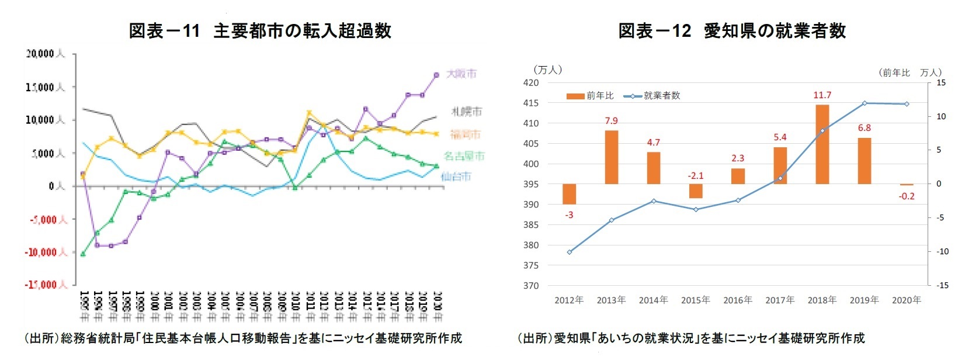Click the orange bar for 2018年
pyautogui.click(x=822, y=144)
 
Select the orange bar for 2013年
pyautogui.click(x=611, y=157)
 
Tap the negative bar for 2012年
pyautogui.click(x=569, y=194)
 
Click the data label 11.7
pyautogui.click(x=822, y=95)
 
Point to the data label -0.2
pyautogui.click(x=907, y=196)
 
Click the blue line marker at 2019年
pyautogui.click(x=865, y=103)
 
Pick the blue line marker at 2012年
pyautogui.click(x=569, y=252)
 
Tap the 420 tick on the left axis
pyautogui.click(x=530, y=83)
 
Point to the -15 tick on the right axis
pyautogui.click(x=942, y=285)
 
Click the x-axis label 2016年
pyautogui.click(x=737, y=300)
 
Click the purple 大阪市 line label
pyautogui.click(x=461, y=74)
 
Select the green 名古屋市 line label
pyautogui.click(x=464, y=156)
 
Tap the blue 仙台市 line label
pyautogui.click(x=456, y=176)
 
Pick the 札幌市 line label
pyautogui.click(x=467, y=111)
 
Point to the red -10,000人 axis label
pyautogui.click(x=46, y=252)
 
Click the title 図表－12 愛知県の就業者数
pyautogui.click(x=732, y=30)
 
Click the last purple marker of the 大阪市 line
pyautogui.click(x=436, y=75)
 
